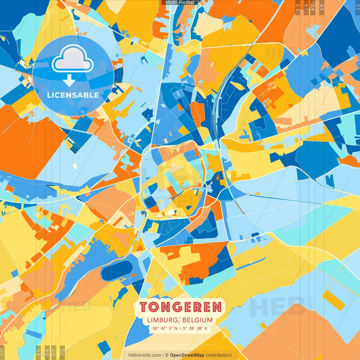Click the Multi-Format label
pos(180,3)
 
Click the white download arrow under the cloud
pos(69,80)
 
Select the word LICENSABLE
pos(73,95)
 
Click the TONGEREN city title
pos(181,307)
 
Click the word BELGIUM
pos(197,320)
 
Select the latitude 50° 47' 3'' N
pos(165,328)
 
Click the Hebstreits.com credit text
pos(145,355)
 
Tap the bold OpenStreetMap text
pos(187,355)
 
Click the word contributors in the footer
pos(219,355)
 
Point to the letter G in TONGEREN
pos(177,307)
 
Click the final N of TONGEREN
pos(217,307)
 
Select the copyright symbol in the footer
pos(167,355)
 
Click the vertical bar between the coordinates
pos(180,328)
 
